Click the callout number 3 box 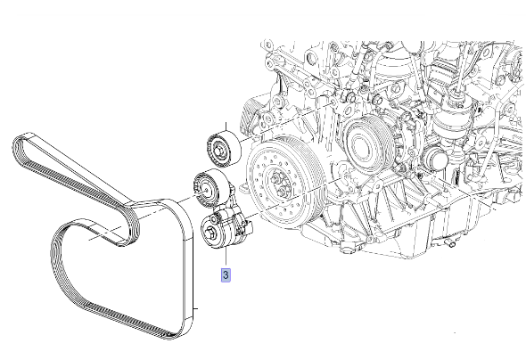[226, 275]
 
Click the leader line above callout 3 [226, 258]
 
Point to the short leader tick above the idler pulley [226, 127]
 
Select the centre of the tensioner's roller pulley [205, 190]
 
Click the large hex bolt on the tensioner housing [210, 232]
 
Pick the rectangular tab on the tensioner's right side [249, 226]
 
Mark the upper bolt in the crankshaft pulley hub [276, 178]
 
